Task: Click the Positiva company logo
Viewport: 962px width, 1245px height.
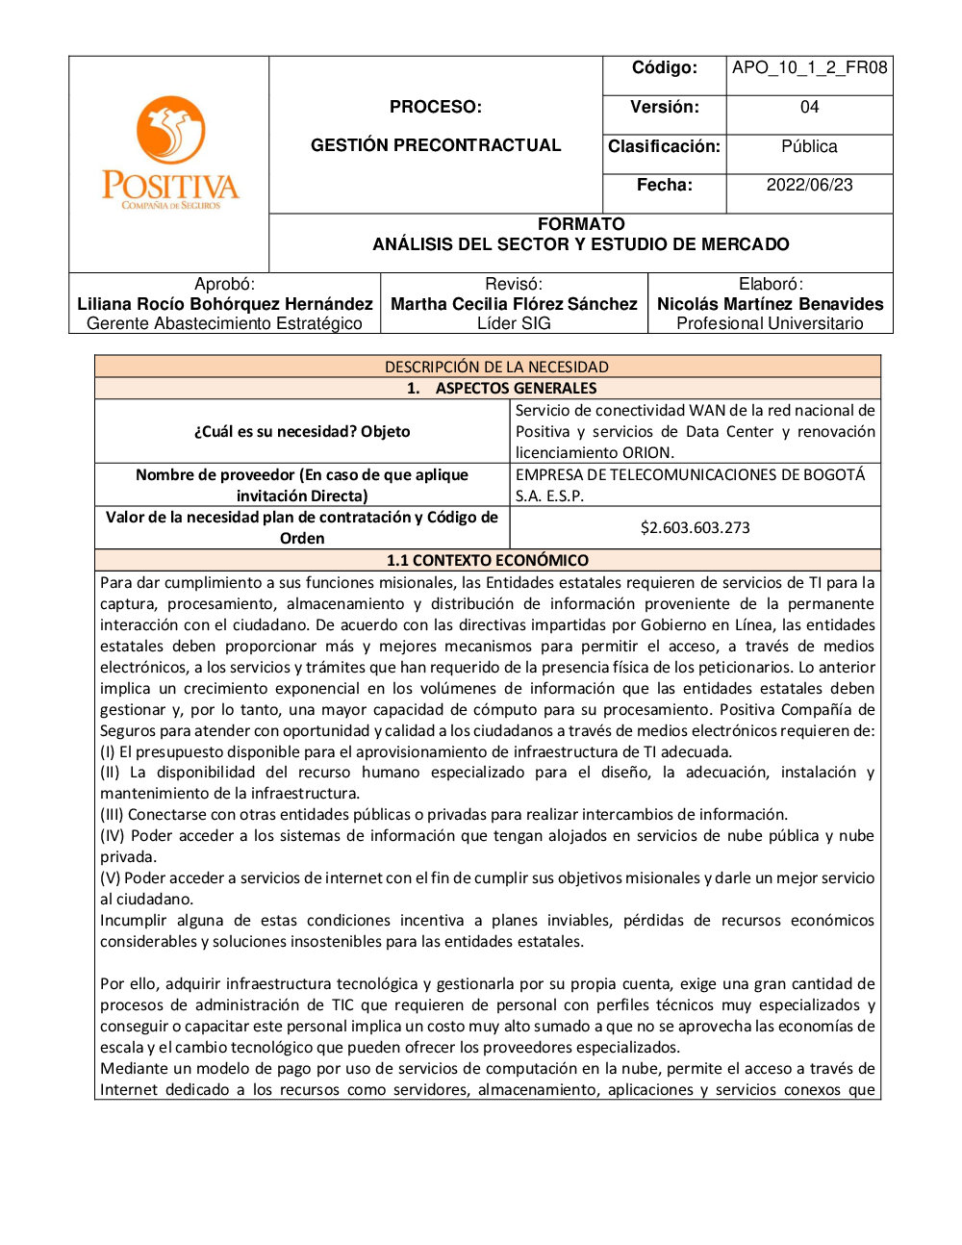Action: (x=170, y=152)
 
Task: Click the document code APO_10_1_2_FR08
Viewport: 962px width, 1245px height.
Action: (x=809, y=67)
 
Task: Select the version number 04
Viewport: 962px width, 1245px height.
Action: (x=809, y=107)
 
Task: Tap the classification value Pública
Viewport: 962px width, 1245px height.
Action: (x=809, y=146)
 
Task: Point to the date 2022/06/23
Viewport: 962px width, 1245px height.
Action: (x=809, y=185)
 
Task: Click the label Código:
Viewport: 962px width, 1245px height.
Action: (x=664, y=67)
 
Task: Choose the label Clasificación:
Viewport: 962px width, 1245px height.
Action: (x=664, y=146)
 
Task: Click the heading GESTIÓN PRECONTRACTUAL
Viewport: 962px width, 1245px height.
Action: (x=436, y=145)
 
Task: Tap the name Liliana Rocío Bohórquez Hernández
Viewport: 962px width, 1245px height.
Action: (x=225, y=304)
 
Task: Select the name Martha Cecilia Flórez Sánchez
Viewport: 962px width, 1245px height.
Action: (x=514, y=304)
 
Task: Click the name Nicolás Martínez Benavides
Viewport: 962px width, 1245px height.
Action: (x=770, y=304)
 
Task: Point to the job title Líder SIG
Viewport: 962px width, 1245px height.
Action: (x=514, y=323)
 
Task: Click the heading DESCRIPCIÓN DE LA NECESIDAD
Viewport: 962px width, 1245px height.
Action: (x=496, y=367)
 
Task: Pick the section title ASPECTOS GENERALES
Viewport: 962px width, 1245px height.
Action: (x=516, y=388)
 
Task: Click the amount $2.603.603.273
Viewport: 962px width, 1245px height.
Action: (x=695, y=527)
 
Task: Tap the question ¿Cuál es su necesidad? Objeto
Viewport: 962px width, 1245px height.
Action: (x=302, y=431)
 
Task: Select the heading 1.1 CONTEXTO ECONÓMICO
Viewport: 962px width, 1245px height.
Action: (x=487, y=560)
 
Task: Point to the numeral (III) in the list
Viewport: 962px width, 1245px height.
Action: (x=112, y=814)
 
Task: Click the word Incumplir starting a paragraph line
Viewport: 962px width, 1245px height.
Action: (x=133, y=920)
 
